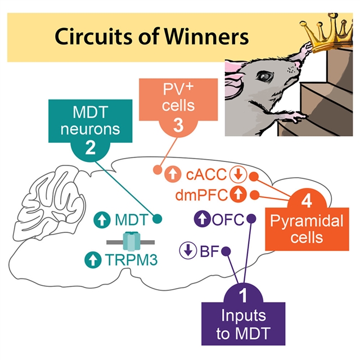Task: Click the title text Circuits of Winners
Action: [x=151, y=37]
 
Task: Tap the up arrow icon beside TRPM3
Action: [x=90, y=260]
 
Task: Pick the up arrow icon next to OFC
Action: [x=201, y=218]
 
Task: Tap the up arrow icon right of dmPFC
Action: [x=238, y=195]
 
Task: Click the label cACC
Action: [x=206, y=175]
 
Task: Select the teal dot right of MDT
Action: [x=158, y=218]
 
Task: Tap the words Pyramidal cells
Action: [x=306, y=228]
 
